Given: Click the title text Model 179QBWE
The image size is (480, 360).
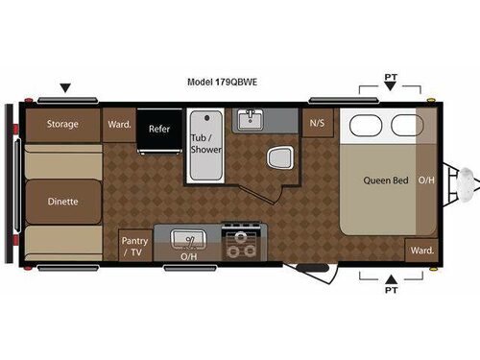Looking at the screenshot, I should [x=222, y=83].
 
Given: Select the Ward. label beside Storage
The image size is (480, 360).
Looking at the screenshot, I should [x=119, y=124].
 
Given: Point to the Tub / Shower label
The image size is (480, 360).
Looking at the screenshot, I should [x=205, y=144].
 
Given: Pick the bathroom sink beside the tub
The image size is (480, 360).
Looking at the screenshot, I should [x=253, y=119].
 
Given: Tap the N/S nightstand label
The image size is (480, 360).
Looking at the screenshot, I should [x=316, y=124].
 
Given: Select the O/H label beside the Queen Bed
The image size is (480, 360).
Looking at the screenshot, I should [x=427, y=180].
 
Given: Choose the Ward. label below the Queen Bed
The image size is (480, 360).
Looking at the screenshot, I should [x=420, y=250].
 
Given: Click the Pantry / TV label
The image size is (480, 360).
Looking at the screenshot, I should [x=132, y=247].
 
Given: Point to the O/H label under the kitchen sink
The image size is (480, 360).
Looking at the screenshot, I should [x=189, y=258].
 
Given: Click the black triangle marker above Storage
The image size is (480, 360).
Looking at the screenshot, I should [x=65, y=88].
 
